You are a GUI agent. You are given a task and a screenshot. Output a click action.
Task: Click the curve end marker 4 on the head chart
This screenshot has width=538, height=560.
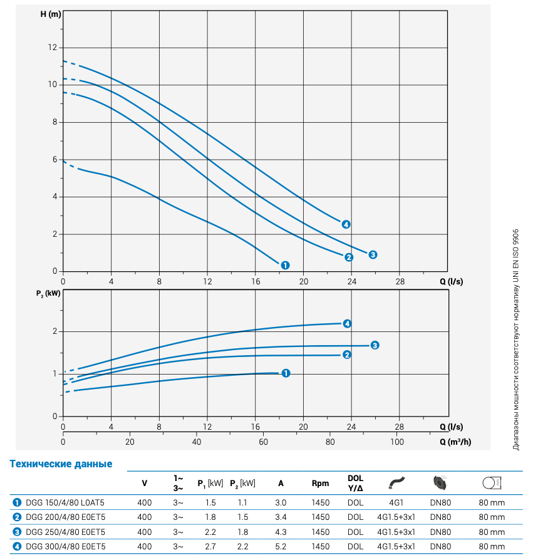coord(346,224)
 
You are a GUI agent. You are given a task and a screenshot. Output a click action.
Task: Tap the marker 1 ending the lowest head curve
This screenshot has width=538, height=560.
coord(285,265)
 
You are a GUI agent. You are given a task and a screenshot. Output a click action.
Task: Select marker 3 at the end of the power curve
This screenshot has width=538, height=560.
coord(374,345)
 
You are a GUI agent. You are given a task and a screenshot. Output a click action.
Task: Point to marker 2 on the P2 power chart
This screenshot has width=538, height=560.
coord(346,355)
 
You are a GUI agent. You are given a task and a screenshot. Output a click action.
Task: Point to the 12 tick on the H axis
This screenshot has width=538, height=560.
coord(53,48)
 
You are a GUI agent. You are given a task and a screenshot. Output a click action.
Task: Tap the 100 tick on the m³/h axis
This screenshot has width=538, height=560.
coord(397,442)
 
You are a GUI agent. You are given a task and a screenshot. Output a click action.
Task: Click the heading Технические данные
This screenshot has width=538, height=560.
coord(61,464)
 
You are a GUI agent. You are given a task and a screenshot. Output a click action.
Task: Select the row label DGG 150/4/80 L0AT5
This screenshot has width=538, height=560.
coord(65,502)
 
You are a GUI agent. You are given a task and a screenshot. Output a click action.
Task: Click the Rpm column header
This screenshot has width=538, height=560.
coord(320,483)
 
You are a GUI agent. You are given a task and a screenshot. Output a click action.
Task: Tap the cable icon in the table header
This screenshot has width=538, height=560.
coord(396,483)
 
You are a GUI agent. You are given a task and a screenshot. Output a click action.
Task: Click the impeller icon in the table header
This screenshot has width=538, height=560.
coord(440,483)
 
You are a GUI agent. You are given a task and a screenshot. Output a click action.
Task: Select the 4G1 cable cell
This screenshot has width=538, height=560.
coord(396,502)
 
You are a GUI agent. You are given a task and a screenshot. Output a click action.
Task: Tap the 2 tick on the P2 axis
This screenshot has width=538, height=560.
coord(54,331)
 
